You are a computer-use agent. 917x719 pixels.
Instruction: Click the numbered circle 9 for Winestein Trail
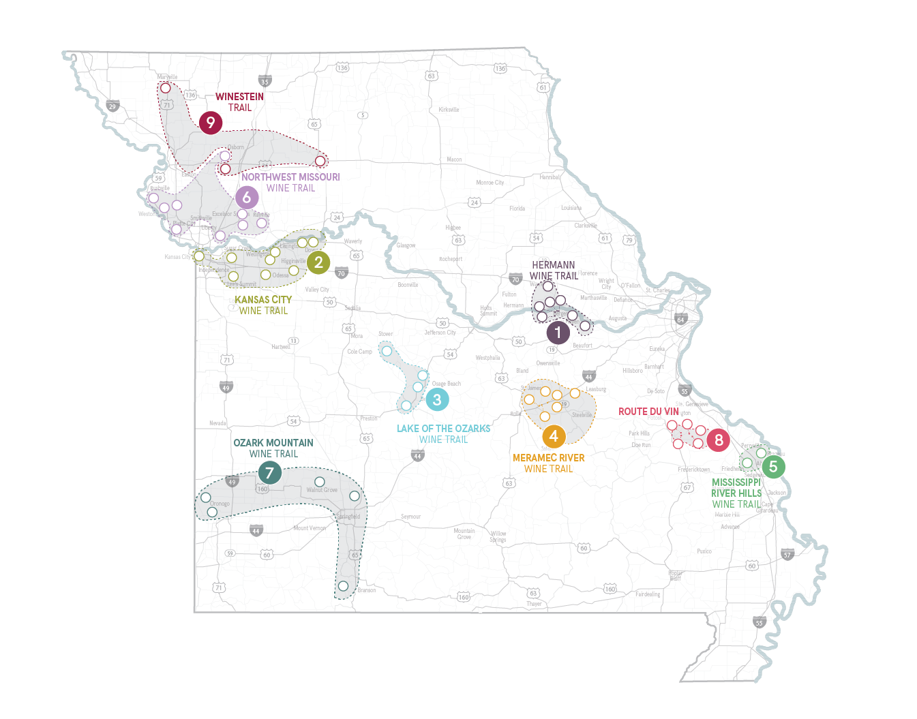[211, 123]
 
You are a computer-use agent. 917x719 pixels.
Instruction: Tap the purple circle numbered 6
[247, 198]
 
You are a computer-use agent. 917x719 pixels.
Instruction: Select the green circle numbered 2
[318, 262]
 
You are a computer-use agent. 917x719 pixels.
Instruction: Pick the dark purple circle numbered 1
[558, 333]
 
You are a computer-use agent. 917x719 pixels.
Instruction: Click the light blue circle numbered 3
[437, 399]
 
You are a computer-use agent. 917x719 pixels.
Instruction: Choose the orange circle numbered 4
[554, 436]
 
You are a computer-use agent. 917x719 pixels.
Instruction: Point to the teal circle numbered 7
[269, 472]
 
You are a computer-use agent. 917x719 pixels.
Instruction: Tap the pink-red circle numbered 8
[719, 440]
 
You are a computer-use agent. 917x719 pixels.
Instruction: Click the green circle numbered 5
[773, 467]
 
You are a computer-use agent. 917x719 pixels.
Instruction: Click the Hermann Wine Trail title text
[554, 271]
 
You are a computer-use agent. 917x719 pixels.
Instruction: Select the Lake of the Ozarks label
[444, 433]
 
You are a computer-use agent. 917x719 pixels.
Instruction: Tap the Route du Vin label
[648, 412]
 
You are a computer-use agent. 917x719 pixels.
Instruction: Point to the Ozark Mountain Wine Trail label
[273, 448]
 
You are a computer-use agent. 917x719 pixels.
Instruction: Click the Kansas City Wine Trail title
[263, 305]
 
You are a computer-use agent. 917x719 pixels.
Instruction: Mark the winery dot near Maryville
[165, 88]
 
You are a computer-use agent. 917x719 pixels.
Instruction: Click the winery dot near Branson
[343, 586]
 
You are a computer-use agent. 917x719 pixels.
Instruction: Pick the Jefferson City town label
[440, 333]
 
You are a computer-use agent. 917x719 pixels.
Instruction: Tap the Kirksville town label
[449, 110]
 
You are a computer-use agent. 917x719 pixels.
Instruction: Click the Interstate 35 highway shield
[265, 81]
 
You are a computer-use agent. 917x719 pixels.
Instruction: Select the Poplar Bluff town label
[675, 575]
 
